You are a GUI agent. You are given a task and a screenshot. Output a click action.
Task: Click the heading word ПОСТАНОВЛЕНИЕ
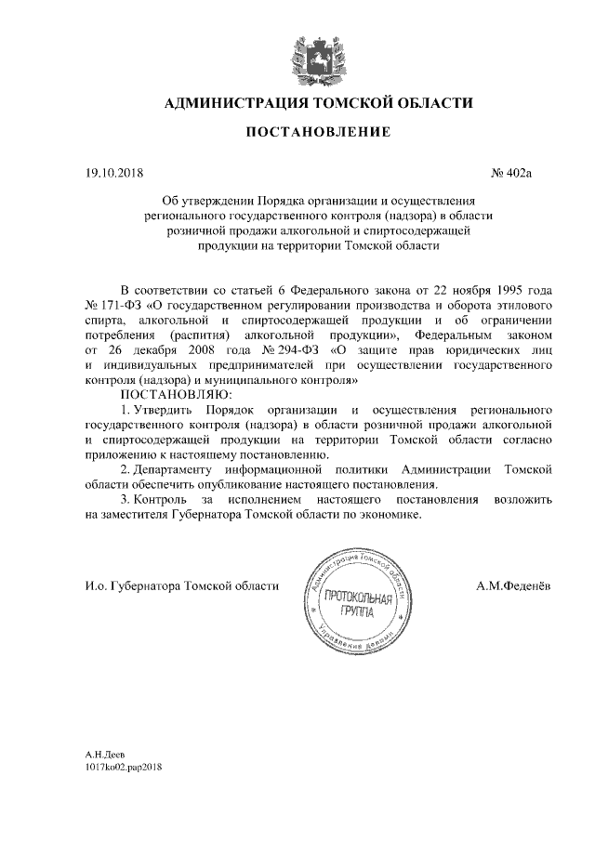[318, 133]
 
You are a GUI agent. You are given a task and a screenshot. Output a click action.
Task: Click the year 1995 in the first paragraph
[514, 290]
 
